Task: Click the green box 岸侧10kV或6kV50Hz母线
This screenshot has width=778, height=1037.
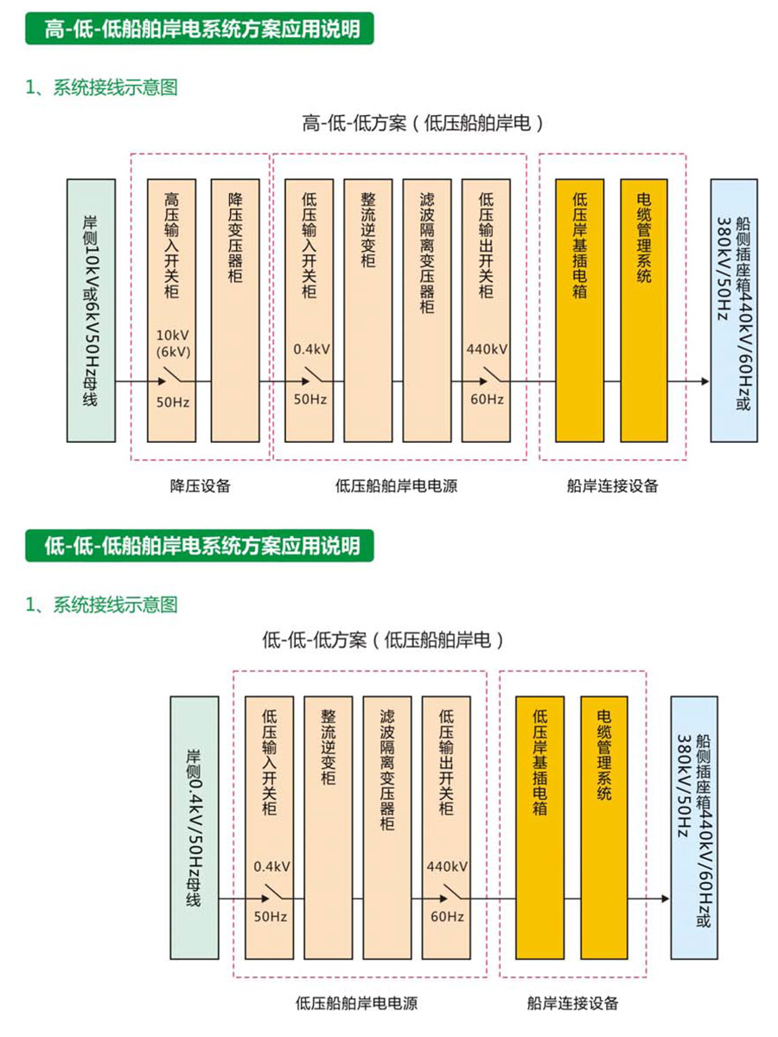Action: [91, 310]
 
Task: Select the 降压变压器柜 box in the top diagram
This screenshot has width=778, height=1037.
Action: [234, 310]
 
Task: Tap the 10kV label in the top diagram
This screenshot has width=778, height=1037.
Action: [173, 336]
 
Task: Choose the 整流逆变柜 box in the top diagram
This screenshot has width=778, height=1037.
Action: [367, 310]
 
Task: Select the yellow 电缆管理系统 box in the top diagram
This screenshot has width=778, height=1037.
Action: [643, 310]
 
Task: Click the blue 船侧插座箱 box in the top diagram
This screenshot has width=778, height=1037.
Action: [733, 310]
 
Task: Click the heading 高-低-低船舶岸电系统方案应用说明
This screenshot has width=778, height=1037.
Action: [202, 30]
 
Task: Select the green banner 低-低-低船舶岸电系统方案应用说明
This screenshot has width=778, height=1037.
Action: [202, 546]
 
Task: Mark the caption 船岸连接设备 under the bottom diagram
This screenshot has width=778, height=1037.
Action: [572, 1003]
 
